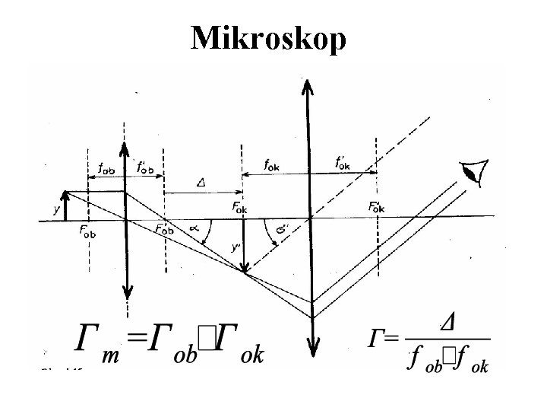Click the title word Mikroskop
tap(269, 37)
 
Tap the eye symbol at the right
tap(477, 173)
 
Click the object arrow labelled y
tap(66, 205)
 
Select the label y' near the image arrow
tap(236, 247)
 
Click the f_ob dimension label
tap(106, 167)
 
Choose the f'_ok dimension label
tap(343, 162)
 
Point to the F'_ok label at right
tap(375, 207)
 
